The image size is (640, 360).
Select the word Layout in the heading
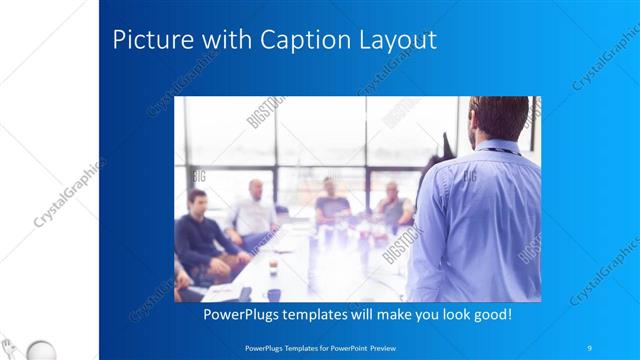pos(400,42)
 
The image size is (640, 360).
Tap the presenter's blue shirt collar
pos(497,147)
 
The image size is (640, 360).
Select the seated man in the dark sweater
pos(200,235)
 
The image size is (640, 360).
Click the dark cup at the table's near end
pos(273,295)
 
